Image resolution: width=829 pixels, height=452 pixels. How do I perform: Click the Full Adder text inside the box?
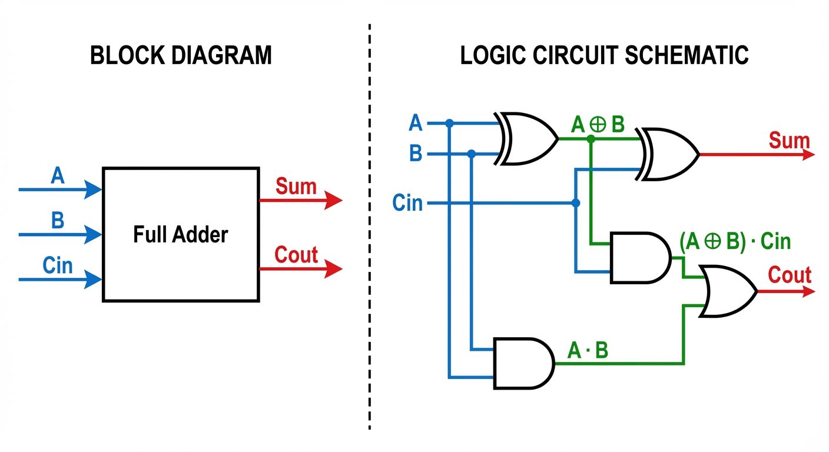(x=180, y=235)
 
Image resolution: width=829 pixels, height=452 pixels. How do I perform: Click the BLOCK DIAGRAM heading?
(x=181, y=55)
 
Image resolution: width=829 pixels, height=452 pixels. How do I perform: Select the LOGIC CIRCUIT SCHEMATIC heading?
(x=604, y=55)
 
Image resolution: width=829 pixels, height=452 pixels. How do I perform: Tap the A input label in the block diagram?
(x=57, y=175)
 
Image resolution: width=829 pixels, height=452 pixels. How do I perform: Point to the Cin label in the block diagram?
(x=58, y=265)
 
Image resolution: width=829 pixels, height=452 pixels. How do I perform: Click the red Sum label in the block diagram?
(x=296, y=187)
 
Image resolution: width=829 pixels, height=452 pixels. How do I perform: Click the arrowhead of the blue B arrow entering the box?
(x=94, y=235)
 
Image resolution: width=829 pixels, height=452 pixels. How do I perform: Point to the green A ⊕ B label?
(x=598, y=125)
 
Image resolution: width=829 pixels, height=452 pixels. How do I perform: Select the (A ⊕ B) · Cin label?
(x=734, y=241)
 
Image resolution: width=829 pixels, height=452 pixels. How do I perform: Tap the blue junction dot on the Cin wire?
(x=576, y=203)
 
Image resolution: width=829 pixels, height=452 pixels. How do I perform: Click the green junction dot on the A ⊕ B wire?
(x=591, y=139)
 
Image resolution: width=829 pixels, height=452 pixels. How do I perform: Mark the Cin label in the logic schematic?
(x=407, y=203)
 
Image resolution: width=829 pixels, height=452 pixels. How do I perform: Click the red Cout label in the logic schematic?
(x=790, y=275)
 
